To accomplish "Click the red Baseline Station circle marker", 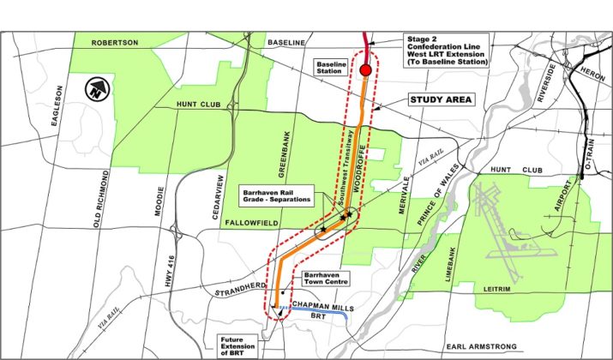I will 366,70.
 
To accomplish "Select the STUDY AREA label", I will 441,99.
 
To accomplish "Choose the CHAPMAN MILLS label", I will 320,305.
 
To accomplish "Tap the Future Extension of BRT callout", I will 235,345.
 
